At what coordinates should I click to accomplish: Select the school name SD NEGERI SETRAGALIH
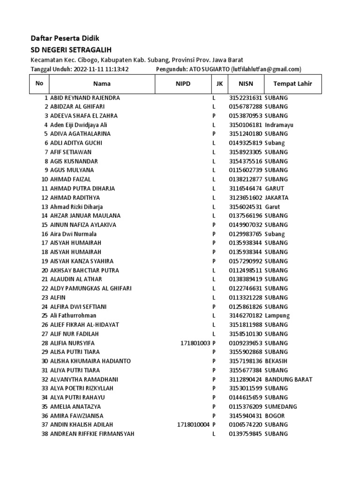[x=71, y=50]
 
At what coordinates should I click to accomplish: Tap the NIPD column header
[x=183, y=84]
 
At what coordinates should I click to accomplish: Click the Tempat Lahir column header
[x=289, y=84]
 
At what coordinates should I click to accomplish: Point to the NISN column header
[x=246, y=84]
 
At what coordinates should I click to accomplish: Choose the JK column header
[x=219, y=84]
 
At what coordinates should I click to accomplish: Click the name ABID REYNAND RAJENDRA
[x=85, y=98]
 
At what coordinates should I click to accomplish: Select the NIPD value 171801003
[x=195, y=343]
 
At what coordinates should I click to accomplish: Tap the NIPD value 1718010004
[x=194, y=425]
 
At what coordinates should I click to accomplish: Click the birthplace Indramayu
[x=279, y=125]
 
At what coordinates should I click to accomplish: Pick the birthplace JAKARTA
[x=277, y=198]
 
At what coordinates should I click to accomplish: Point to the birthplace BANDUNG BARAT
[x=288, y=379]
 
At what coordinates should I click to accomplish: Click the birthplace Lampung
[x=277, y=316]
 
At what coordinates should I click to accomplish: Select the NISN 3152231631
[x=246, y=98]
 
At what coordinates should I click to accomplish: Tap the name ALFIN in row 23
[x=58, y=298]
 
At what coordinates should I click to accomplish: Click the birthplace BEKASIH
[x=276, y=361]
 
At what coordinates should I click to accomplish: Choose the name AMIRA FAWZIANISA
[x=77, y=416]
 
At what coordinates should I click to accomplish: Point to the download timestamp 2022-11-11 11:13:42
[x=101, y=69]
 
